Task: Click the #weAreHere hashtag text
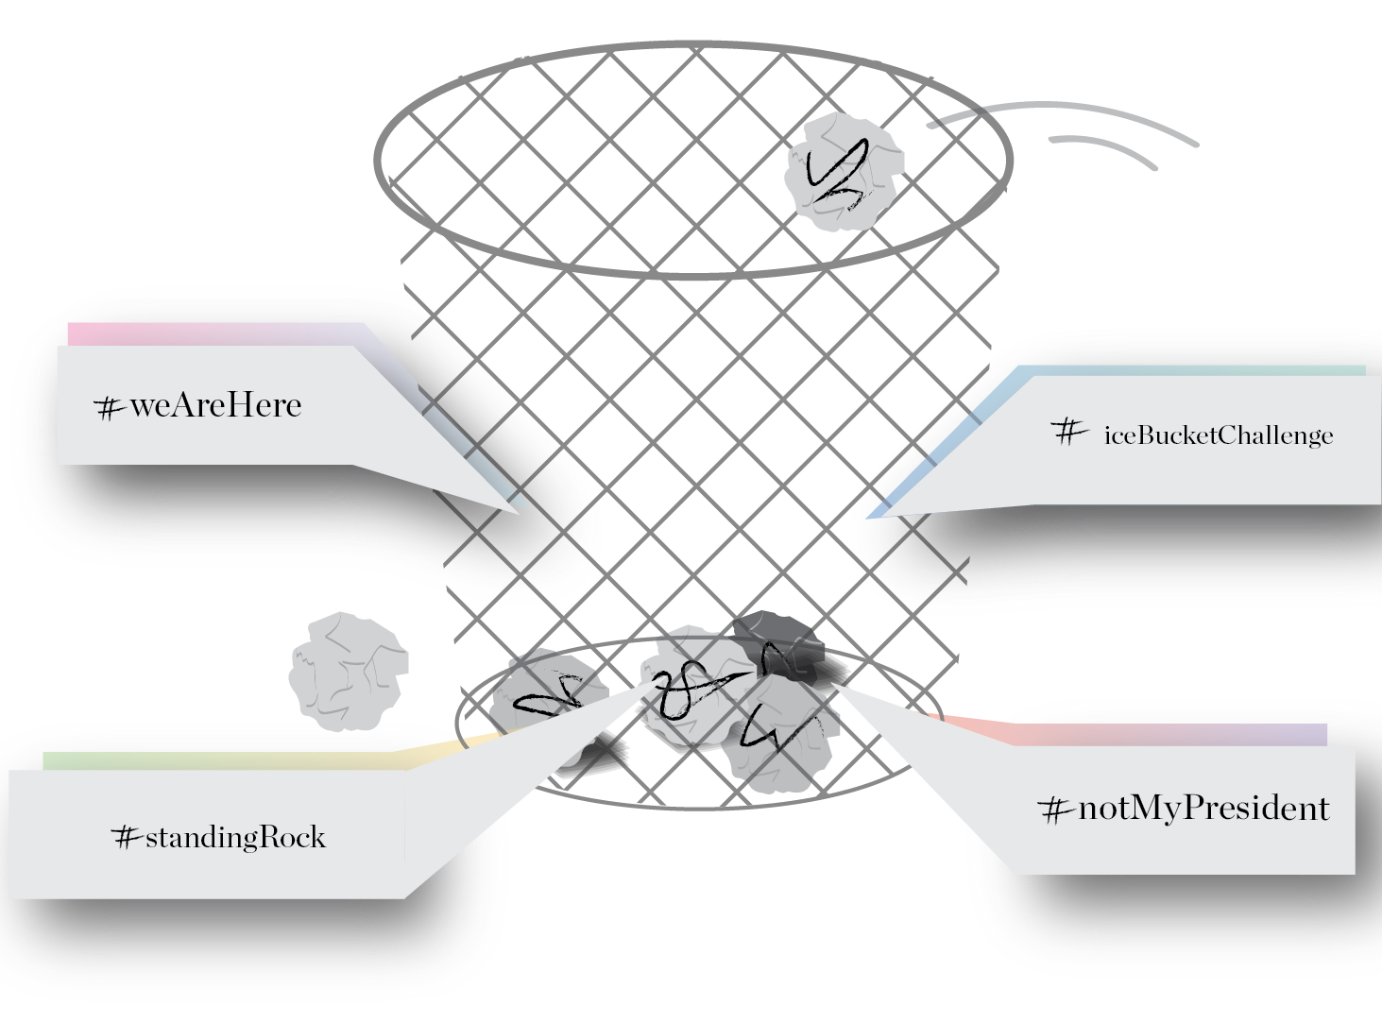click(x=198, y=406)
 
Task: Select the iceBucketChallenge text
click(x=1219, y=435)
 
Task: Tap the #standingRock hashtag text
click(x=219, y=837)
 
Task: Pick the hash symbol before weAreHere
click(x=111, y=409)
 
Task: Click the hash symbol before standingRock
click(x=127, y=837)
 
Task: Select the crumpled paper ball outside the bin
click(x=349, y=672)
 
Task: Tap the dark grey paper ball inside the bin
click(x=779, y=646)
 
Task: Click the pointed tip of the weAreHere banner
click(x=519, y=513)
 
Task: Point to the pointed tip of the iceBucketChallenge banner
click(x=867, y=518)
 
